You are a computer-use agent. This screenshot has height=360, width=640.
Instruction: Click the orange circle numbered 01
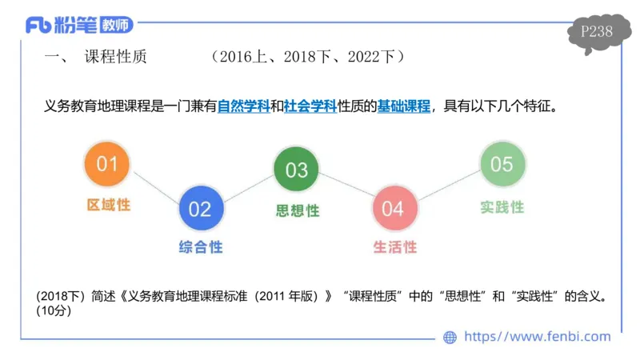tap(106, 164)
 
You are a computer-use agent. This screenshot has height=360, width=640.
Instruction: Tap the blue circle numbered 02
tap(199, 209)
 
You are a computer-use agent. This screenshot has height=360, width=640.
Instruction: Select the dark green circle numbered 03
tap(296, 170)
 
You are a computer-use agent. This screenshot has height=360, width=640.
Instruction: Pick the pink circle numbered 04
tap(393, 209)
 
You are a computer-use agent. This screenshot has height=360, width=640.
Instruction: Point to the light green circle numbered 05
tap(502, 164)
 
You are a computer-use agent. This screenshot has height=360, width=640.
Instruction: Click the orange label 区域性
tap(108, 205)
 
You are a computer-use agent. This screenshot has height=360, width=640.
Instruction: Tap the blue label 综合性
tap(200, 247)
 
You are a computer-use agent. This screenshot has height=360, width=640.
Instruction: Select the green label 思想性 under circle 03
tap(297, 210)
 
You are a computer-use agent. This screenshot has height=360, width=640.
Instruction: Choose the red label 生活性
tap(394, 247)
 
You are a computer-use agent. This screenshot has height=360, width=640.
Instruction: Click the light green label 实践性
tap(502, 206)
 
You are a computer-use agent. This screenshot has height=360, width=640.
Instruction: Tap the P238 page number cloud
tap(597, 32)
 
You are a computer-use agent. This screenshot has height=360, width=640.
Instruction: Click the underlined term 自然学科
tap(244, 106)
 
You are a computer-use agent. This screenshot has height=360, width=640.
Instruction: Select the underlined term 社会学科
tap(310, 106)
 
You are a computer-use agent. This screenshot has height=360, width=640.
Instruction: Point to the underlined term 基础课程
tap(405, 106)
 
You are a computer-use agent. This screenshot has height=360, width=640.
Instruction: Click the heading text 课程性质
tap(115, 57)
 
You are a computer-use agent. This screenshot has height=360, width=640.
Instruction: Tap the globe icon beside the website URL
tap(450, 337)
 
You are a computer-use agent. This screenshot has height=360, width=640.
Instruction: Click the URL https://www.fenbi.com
tap(537, 337)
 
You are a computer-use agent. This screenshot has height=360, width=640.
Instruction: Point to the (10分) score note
tap(54, 311)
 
